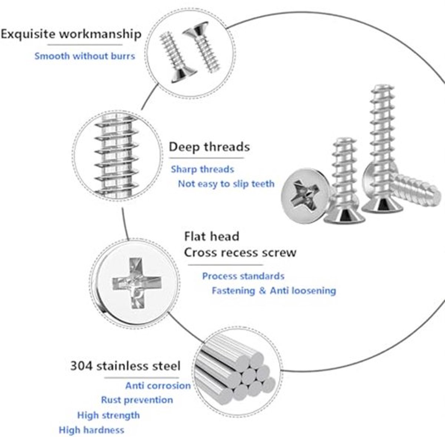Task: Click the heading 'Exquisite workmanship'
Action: (71, 34)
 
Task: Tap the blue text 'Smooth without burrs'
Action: (85, 56)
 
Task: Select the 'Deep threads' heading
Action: (209, 147)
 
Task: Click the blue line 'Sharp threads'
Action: (202, 170)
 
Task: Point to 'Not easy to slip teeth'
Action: (226, 184)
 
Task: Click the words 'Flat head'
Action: (211, 236)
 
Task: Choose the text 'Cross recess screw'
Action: (240, 252)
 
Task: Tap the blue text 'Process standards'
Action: (243, 276)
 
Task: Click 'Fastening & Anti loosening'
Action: (274, 291)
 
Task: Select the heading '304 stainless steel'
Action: (125, 366)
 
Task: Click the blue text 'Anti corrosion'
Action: (158, 386)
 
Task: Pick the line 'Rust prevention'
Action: (137, 400)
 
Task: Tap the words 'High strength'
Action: (108, 415)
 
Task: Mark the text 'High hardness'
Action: (92, 430)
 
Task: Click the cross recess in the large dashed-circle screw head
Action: (137, 283)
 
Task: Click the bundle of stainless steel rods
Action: (235, 371)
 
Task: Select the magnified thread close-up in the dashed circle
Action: (116, 156)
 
